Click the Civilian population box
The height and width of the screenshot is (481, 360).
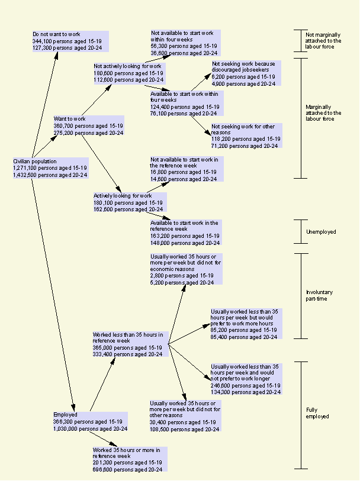(x=50, y=167)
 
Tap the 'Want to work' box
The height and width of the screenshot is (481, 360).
(x=88, y=126)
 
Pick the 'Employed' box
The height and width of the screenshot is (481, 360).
(x=90, y=421)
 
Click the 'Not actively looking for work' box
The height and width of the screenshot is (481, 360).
(x=128, y=73)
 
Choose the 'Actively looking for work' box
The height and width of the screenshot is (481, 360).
(x=128, y=202)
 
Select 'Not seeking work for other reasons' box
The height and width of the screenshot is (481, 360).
(x=246, y=135)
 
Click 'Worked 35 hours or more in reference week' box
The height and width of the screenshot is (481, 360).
(x=127, y=459)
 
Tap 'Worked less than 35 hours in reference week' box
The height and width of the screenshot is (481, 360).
(x=128, y=344)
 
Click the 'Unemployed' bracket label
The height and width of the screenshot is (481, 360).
(x=322, y=232)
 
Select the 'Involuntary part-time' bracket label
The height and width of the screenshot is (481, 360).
(x=320, y=296)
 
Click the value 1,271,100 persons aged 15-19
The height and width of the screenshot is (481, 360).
(x=50, y=168)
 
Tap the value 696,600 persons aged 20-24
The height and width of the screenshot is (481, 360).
(x=127, y=469)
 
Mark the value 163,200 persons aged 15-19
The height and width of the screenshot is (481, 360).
(x=185, y=235)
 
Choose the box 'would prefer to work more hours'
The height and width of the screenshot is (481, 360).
(x=245, y=324)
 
